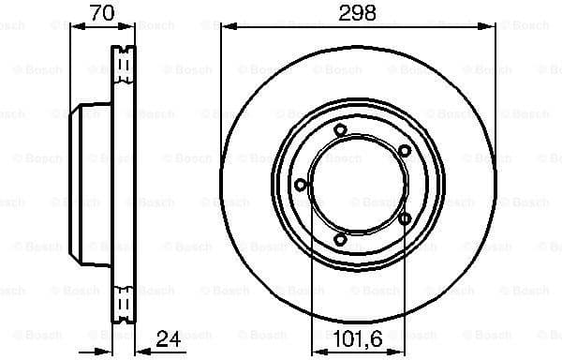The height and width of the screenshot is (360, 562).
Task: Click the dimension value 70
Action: [103, 12]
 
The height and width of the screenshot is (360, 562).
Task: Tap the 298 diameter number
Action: [358, 12]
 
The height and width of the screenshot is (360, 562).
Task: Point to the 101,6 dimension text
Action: [357, 337]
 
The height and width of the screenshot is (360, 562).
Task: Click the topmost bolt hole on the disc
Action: [341, 130]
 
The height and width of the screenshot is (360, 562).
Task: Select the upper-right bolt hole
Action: [404, 150]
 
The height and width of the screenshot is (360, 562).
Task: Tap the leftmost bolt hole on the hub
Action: [300, 185]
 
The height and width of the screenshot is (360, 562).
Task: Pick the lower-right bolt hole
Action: [404, 219]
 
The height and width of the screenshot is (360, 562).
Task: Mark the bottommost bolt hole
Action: [341, 240]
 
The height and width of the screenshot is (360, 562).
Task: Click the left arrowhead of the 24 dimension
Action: [106, 352]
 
